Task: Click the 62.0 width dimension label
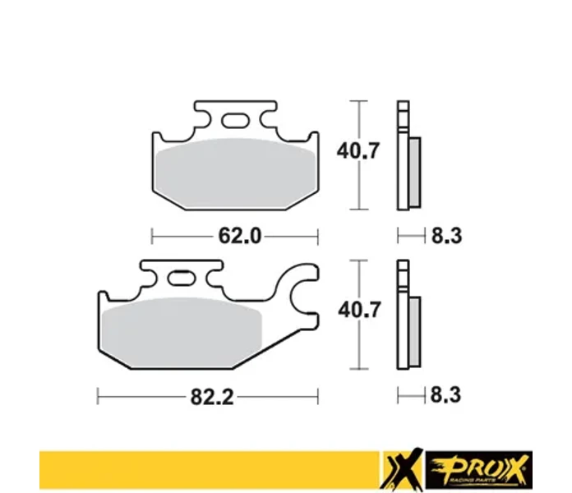[x=240, y=236]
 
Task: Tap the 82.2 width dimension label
[x=212, y=397]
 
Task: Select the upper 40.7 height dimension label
[x=358, y=150]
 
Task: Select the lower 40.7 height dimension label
[x=359, y=310]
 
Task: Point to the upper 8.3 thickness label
[x=447, y=236]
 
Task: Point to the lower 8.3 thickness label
[x=445, y=395]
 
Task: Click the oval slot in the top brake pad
[x=236, y=120]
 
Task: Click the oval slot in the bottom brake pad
[x=182, y=279]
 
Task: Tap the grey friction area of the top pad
[x=235, y=173]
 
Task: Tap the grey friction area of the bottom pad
[x=182, y=332]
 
